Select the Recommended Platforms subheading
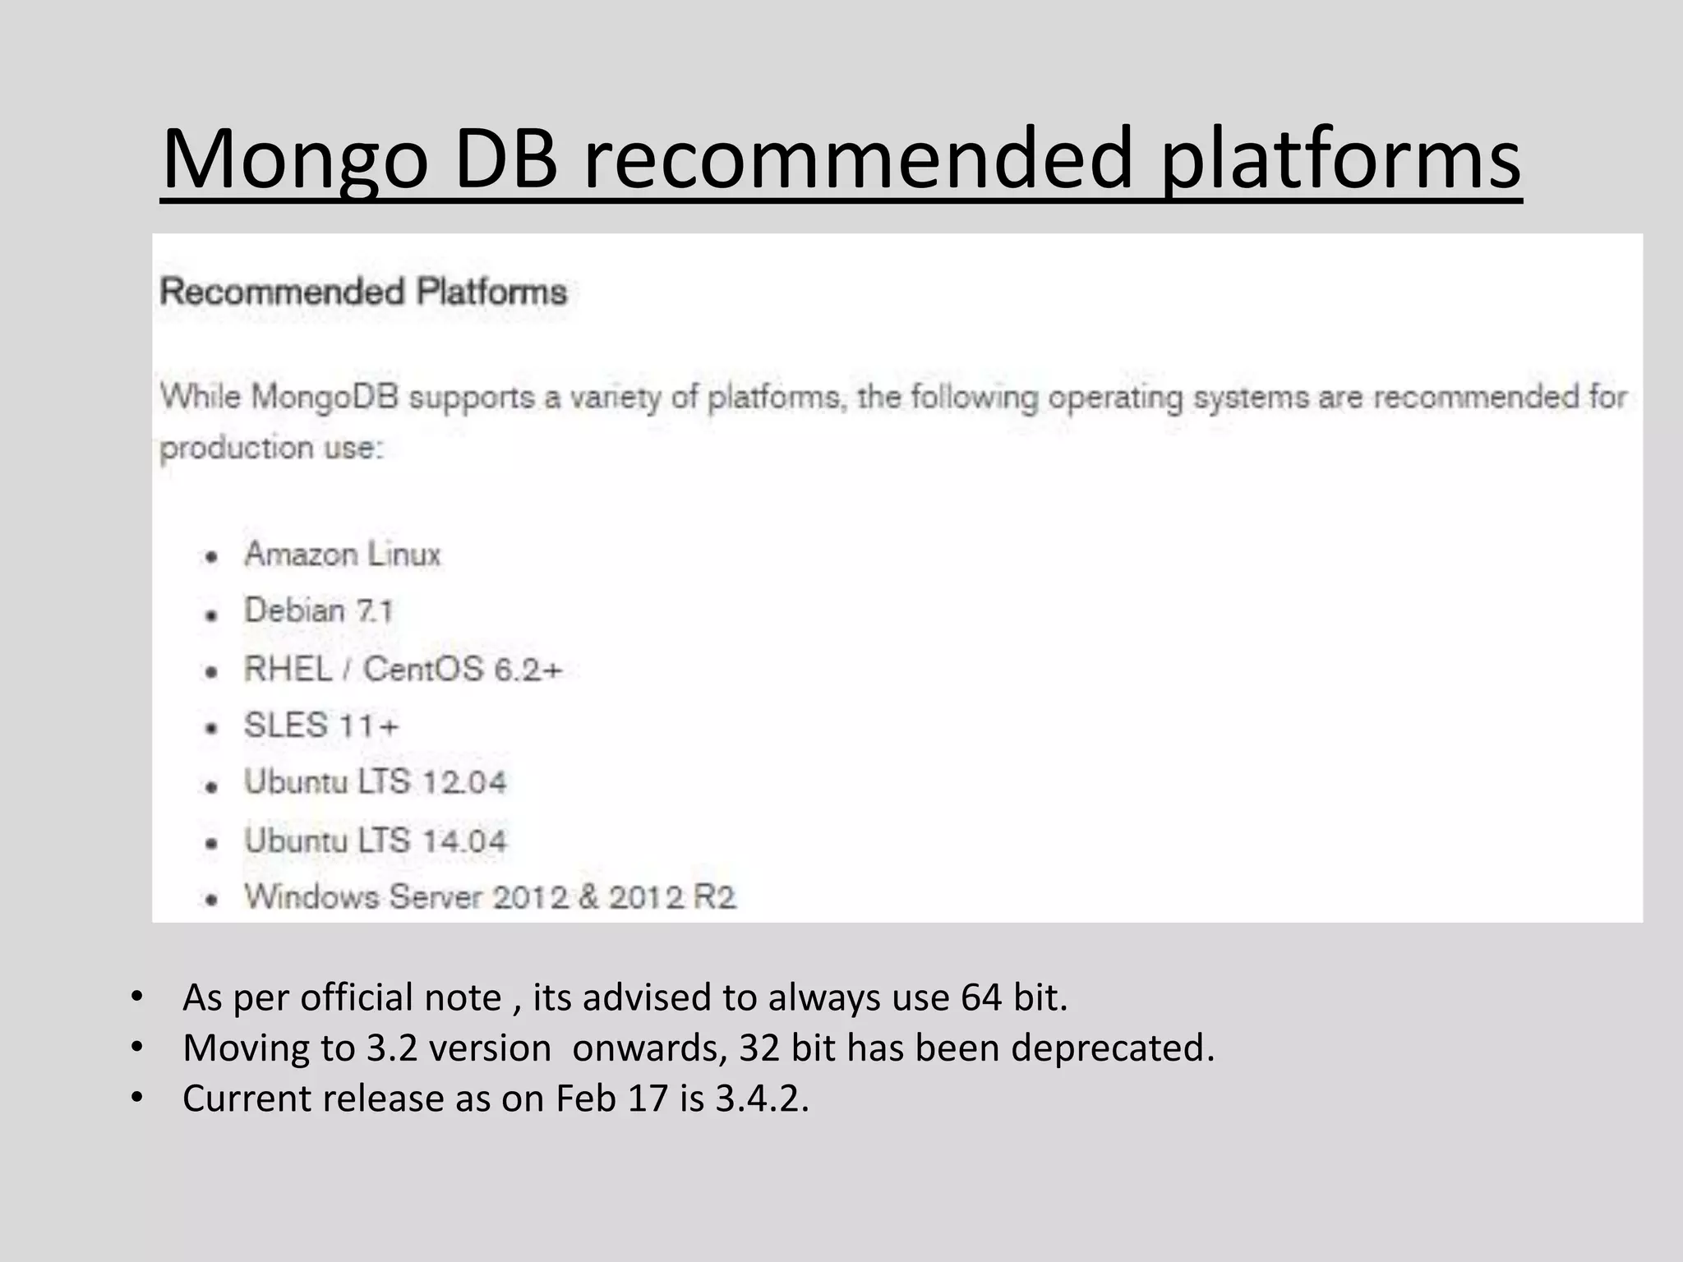tap(363, 292)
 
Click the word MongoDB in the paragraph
tap(325, 398)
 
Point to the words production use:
tap(271, 449)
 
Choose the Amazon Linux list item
tap(343, 555)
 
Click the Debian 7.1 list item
tap(319, 610)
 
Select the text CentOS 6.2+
tap(463, 669)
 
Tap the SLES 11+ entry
tap(321, 725)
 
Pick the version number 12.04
tap(464, 782)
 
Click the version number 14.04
tap(464, 841)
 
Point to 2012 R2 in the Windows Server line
tap(672, 896)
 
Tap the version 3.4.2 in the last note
tap(761, 1098)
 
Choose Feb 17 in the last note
tap(612, 1098)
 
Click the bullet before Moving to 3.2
tap(136, 1048)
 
